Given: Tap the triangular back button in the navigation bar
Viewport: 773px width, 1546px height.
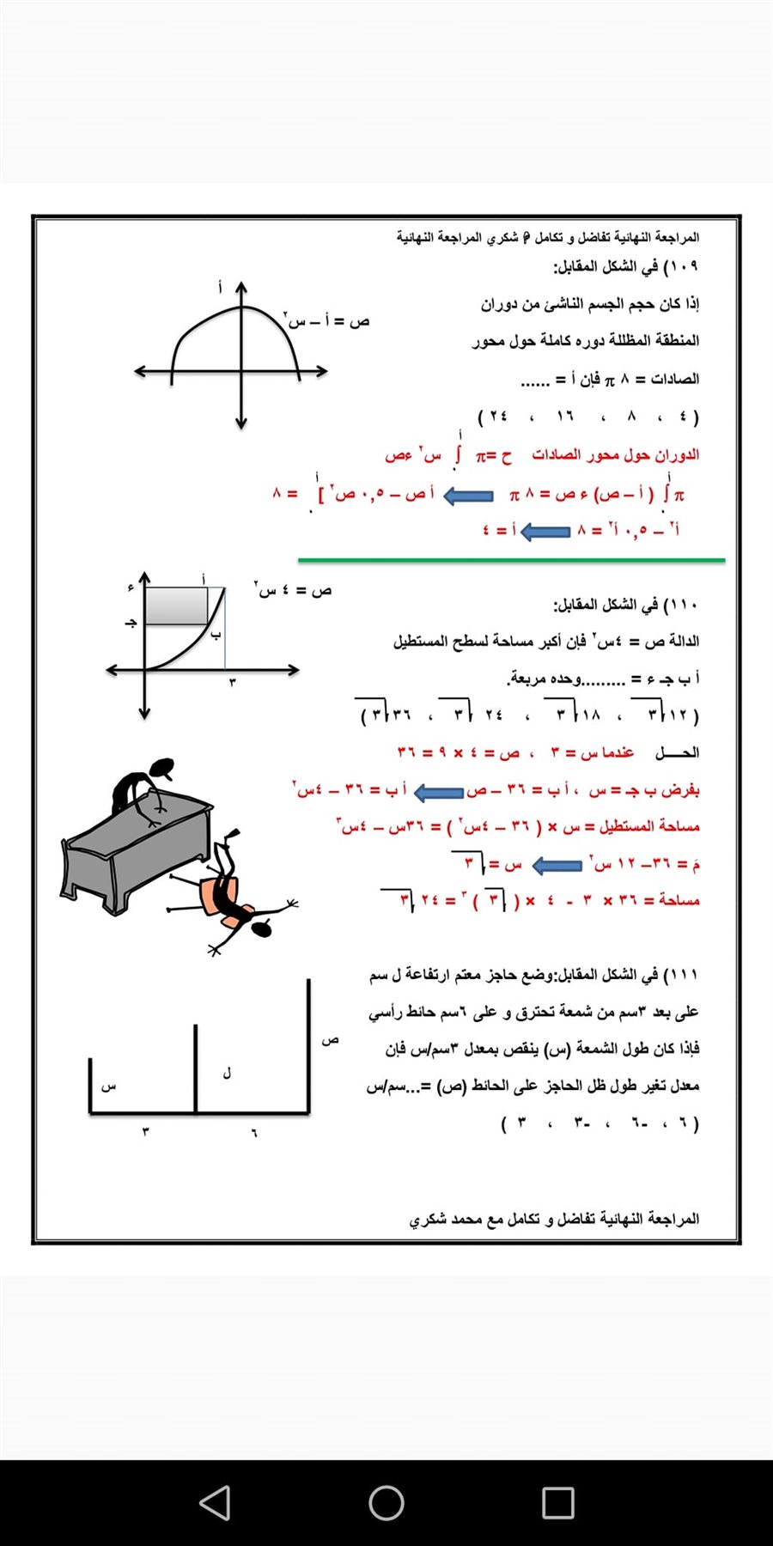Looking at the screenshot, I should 215,1503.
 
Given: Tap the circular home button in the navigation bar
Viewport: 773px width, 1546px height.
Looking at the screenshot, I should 386,1503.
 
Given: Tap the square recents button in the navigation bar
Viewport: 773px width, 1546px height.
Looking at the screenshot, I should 558,1503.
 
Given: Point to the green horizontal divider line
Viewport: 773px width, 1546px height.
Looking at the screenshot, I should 511,560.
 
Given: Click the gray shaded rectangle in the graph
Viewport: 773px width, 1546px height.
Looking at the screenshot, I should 176,606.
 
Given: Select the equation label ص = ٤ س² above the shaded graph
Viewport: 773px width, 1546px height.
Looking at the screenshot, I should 293,590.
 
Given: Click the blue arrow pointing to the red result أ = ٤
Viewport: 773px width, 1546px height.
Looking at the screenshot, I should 545,532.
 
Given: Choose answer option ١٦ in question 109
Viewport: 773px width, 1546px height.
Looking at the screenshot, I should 564,417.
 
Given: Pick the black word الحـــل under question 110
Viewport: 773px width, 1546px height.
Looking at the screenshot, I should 678,753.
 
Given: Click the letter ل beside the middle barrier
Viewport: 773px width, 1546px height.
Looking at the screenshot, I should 227,1074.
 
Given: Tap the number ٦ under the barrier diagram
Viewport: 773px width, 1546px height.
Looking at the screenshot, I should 254,1132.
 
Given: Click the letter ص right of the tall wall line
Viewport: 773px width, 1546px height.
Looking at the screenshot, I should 331,1040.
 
